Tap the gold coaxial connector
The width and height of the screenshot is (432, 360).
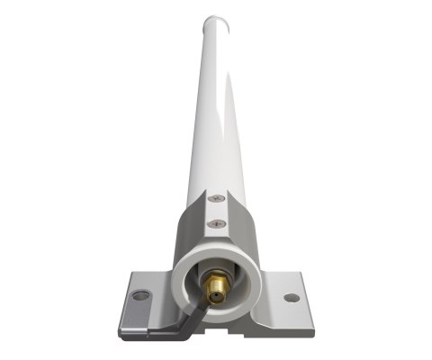click(x=215, y=286)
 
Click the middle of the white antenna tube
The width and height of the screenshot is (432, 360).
click(x=215, y=108)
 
